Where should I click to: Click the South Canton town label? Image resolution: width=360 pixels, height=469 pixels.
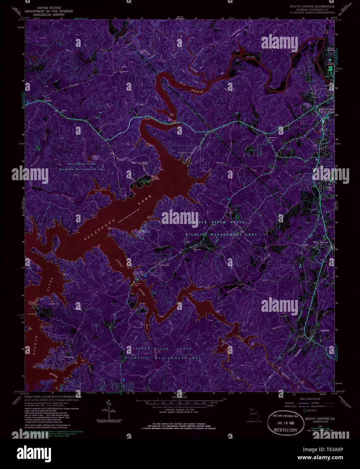(325, 109)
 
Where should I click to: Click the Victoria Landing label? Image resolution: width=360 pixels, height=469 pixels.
(32, 303)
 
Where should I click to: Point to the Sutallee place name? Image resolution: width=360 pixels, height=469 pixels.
(49, 101)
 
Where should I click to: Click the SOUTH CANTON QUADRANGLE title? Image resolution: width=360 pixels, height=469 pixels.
(312, 6)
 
